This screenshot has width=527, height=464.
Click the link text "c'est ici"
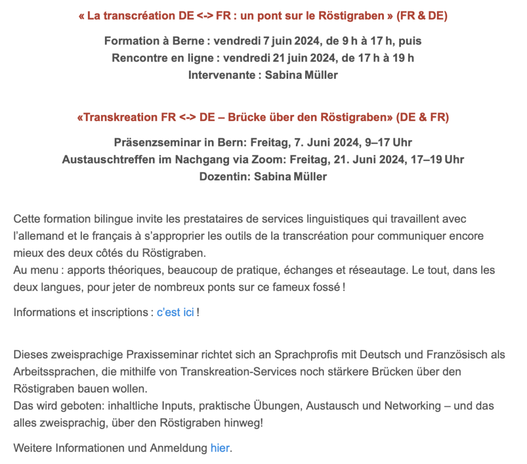click(175, 312)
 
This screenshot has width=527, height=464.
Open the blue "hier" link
click(220, 448)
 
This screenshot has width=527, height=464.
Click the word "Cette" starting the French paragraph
click(26, 219)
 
